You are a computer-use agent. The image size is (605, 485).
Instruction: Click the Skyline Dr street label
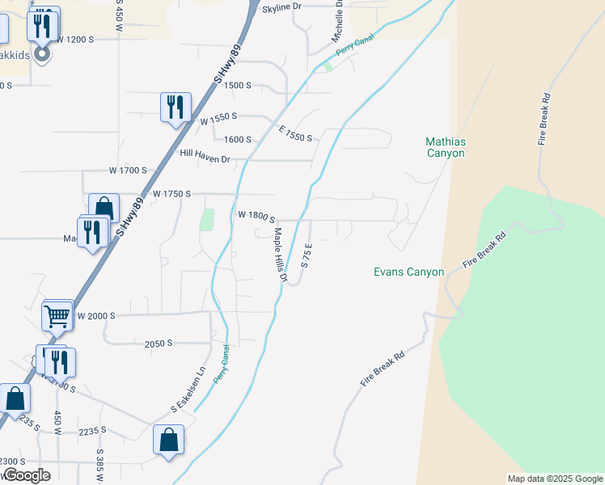pyautogui.click(x=281, y=6)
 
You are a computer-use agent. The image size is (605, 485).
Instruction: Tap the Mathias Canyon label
pyautogui.click(x=446, y=147)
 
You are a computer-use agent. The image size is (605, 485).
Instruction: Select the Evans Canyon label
pyautogui.click(x=408, y=272)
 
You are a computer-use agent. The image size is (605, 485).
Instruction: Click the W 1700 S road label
pyautogui.click(x=128, y=171)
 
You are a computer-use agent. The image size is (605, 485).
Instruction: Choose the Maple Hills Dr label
pyautogui.click(x=280, y=255)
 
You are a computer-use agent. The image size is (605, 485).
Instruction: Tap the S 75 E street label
pyautogui.click(x=307, y=254)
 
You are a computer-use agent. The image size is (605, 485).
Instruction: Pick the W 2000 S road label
pyautogui.click(x=97, y=315)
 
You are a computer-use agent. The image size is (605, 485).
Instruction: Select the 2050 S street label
pyautogui.click(x=159, y=344)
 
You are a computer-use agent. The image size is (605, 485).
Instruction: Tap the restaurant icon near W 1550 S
pyautogui.click(x=175, y=107)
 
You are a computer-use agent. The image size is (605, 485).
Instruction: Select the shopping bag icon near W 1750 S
pyautogui.click(x=104, y=207)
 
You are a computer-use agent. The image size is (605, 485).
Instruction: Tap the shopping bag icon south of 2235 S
pyautogui.click(x=168, y=441)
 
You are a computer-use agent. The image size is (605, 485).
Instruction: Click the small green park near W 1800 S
pyautogui.click(x=207, y=220)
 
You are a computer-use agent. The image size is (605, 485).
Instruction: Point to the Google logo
pyautogui.click(x=26, y=475)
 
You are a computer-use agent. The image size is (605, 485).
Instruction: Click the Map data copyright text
pyautogui.click(x=555, y=479)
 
